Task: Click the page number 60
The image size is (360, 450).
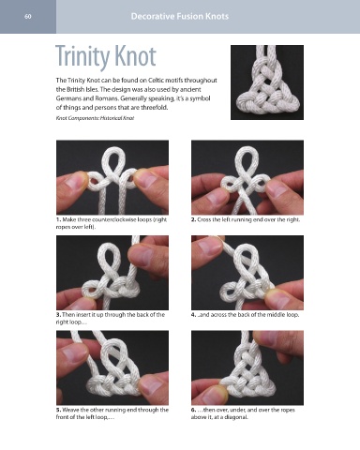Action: click(28, 16)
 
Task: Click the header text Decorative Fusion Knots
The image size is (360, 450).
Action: click(180, 16)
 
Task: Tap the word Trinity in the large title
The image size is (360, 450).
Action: click(82, 57)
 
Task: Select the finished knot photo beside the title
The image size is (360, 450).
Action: click(267, 82)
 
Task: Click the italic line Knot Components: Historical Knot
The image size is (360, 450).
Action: click(95, 118)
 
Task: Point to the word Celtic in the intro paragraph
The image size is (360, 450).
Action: click(157, 81)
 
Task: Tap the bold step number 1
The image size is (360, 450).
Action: click(59, 219)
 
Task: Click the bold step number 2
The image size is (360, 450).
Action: click(193, 219)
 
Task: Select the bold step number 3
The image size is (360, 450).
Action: click(59, 315)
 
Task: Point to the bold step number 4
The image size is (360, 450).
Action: click(193, 315)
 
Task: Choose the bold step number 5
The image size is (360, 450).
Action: click(59, 410)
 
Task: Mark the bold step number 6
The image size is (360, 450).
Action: click(193, 410)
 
